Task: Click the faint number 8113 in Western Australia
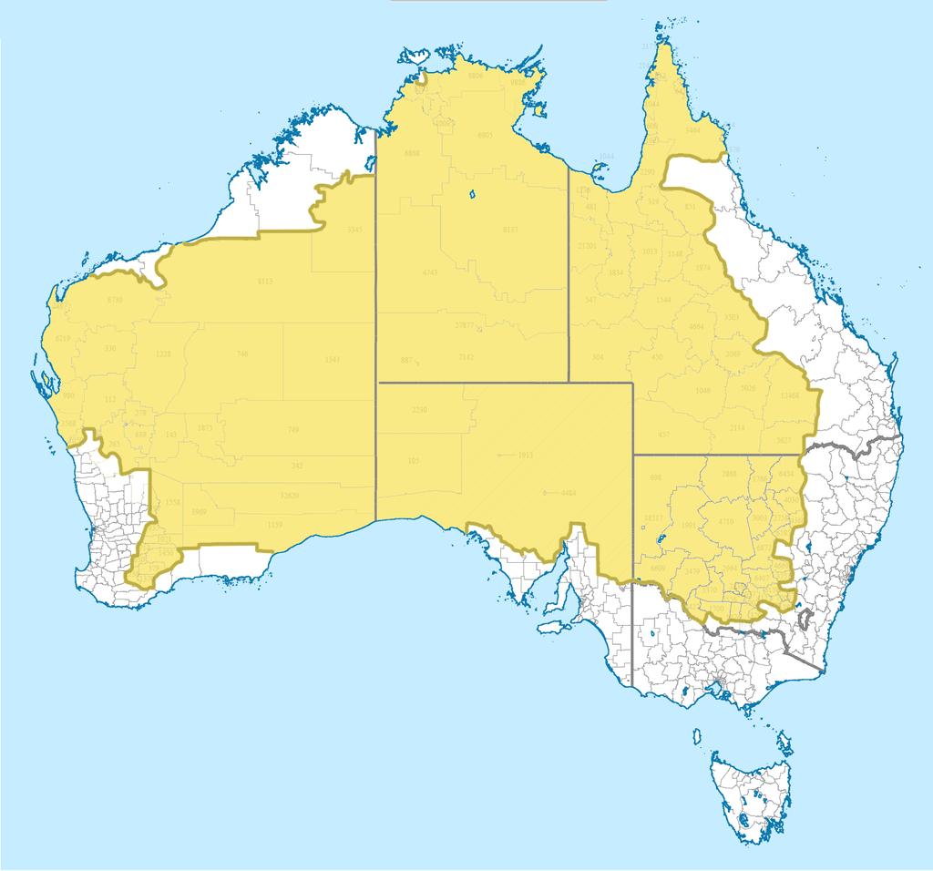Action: pyautogui.click(x=265, y=282)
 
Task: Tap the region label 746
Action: pyautogui.click(x=241, y=354)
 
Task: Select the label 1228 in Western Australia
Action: pyautogui.click(x=164, y=354)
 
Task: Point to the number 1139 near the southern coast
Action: pyautogui.click(x=274, y=525)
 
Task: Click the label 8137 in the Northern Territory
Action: pyautogui.click(x=511, y=231)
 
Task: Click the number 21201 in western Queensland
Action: pyautogui.click(x=589, y=246)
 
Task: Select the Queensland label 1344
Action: pyautogui.click(x=664, y=300)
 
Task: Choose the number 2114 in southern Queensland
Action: pyautogui.click(x=737, y=427)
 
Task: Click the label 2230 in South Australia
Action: pyautogui.click(x=419, y=411)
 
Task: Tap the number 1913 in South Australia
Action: pyautogui.click(x=525, y=454)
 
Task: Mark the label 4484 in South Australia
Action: pyautogui.click(x=569, y=493)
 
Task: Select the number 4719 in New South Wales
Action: pyautogui.click(x=726, y=521)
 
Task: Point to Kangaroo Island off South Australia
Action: pyautogui.click(x=552, y=629)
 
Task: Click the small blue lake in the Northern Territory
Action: pyautogui.click(x=473, y=193)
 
